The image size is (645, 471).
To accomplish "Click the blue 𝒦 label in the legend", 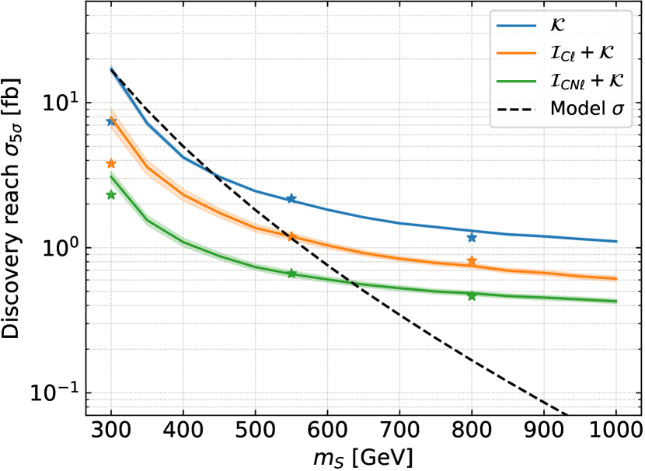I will click(557, 25).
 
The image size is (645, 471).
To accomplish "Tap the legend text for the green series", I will click(587, 81).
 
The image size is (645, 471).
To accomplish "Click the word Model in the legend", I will click(577, 109).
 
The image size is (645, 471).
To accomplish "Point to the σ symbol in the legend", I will click(618, 110).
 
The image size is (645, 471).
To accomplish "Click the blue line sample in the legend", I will click(517, 26).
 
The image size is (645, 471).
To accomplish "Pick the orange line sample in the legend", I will click(517, 54).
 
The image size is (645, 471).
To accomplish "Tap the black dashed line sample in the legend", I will click(517, 110).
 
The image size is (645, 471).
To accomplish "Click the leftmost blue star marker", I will click(111, 122).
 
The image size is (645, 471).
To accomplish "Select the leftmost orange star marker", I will click(111, 163).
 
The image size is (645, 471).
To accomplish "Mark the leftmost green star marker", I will click(111, 194).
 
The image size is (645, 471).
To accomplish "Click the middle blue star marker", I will click(291, 199).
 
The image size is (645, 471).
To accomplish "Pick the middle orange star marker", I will click(291, 235).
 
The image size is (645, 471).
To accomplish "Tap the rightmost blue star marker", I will click(472, 237).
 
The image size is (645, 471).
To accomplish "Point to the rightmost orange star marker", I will click(472, 261).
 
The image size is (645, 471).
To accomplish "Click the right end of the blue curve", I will click(615, 242).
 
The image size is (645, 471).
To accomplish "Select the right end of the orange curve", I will click(615, 277).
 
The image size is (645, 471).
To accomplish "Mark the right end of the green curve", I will click(615, 301).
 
